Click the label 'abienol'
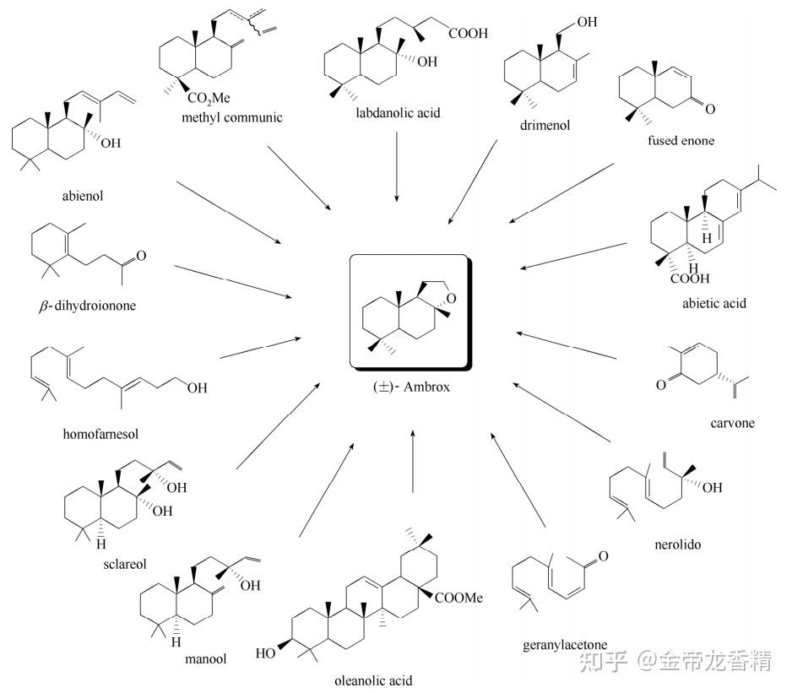[83, 196]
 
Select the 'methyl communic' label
[232, 117]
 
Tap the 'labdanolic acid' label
[398, 112]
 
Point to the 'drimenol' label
[545, 125]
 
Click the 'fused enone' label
[681, 140]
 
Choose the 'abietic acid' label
[714, 303]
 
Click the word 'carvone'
[732, 423]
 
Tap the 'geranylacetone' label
[565, 645]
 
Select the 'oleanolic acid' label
[373, 681]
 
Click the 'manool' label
[205, 659]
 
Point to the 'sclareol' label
[125, 564]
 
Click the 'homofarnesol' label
[100, 434]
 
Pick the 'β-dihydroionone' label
[87, 306]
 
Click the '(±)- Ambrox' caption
[411, 387]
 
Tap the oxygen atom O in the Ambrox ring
[451, 299]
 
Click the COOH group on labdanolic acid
[469, 33]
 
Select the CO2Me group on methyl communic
[209, 97]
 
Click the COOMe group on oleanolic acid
[458, 598]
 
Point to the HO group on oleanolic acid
[265, 653]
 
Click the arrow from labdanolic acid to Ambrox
[397, 166]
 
